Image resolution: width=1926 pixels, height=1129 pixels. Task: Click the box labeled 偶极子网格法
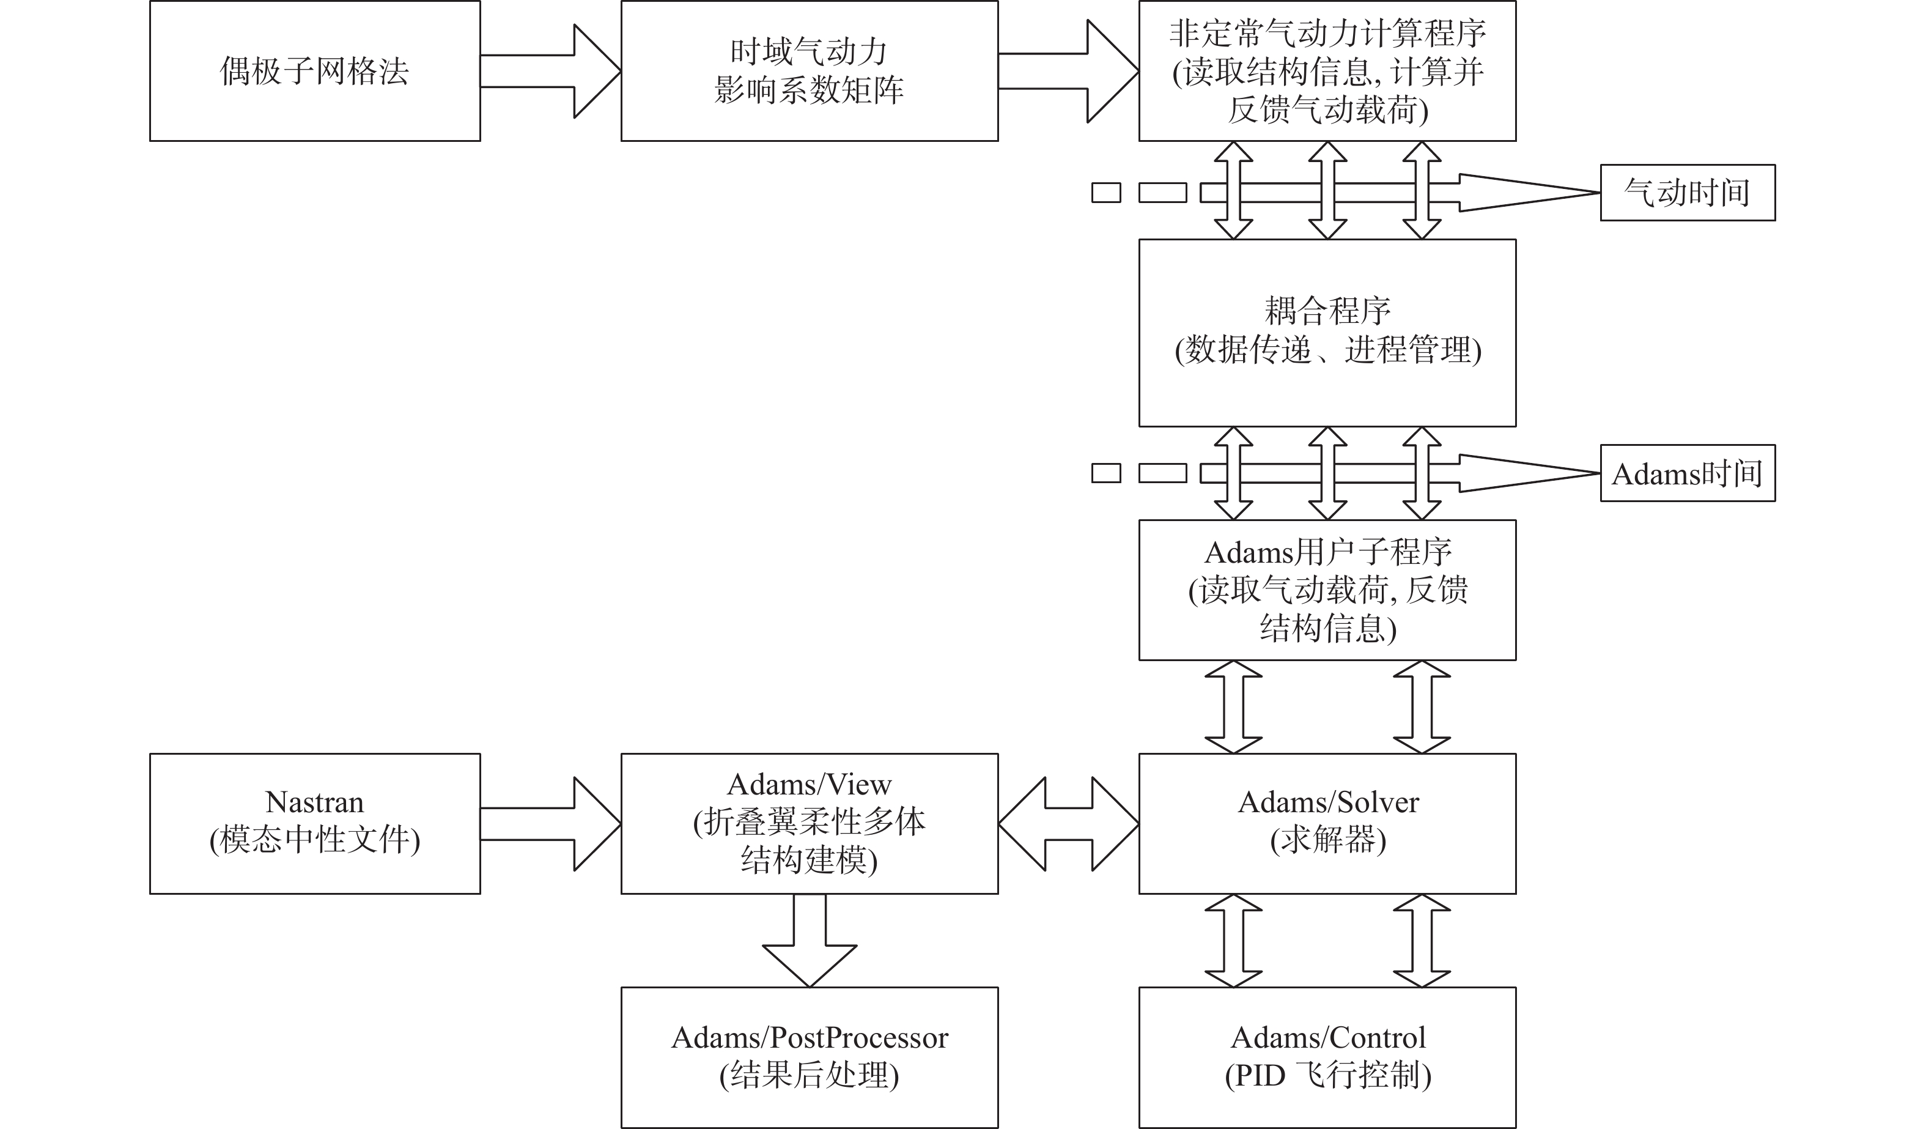[x=314, y=71]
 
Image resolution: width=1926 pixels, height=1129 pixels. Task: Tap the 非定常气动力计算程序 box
[x=1327, y=71]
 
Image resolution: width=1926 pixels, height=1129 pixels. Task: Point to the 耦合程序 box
[x=1327, y=333]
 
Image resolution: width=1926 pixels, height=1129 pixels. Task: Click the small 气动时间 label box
[x=1687, y=193]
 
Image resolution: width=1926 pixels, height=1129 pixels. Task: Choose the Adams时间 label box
[x=1687, y=473]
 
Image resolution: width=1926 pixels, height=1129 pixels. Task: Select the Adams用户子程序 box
[x=1327, y=590]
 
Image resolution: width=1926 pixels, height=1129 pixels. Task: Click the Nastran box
[x=314, y=823]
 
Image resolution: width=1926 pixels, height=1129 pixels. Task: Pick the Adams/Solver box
[x=1327, y=823]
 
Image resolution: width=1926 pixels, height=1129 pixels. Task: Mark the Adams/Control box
[x=1327, y=1057]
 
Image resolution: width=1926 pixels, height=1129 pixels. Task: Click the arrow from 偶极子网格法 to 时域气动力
[x=550, y=71]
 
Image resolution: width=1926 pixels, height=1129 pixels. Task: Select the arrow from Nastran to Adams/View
[x=550, y=823]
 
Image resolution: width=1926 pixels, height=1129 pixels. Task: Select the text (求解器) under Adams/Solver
[x=1327, y=841]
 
